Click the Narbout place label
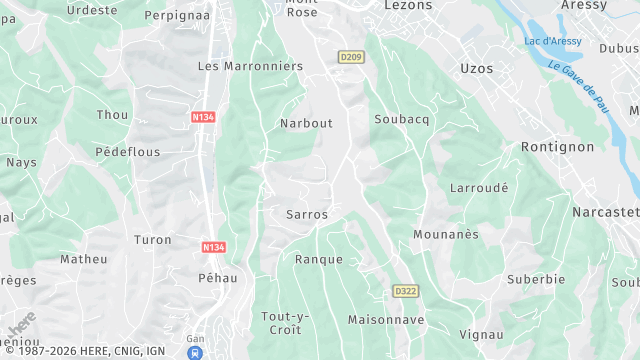307,124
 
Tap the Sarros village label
307,215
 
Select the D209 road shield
349,57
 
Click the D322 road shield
405,291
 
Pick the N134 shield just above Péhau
212,246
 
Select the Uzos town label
477,68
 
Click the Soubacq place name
401,120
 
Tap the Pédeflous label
127,152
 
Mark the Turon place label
153,240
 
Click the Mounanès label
446,234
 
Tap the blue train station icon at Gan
195,352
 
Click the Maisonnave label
386,320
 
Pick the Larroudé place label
479,187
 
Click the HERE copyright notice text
84,352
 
